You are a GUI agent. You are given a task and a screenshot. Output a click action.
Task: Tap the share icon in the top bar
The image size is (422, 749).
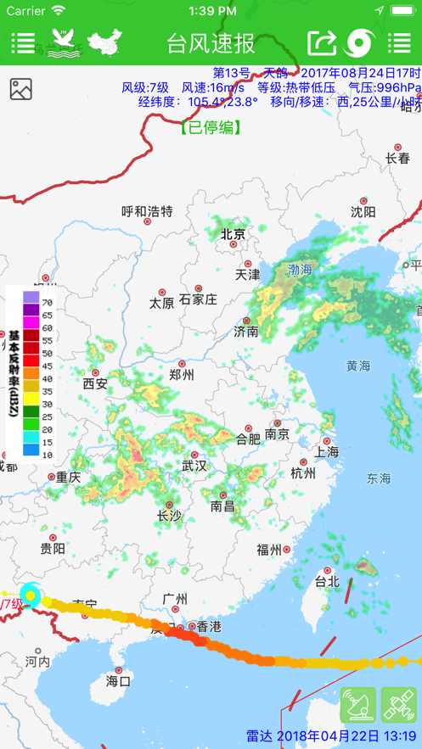tap(322, 42)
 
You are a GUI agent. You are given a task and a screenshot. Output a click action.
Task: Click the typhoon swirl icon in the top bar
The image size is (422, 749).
tap(361, 42)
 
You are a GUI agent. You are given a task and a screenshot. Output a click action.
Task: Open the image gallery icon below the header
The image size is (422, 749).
tap(21, 89)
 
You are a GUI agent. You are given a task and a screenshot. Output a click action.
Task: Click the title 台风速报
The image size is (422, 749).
tap(211, 42)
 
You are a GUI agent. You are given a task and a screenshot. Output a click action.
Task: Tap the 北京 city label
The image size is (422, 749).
tap(233, 234)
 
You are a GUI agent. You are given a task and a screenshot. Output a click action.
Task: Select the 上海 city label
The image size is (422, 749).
tap(327, 451)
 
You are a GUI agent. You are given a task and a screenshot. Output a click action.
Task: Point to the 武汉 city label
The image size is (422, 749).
tap(194, 465)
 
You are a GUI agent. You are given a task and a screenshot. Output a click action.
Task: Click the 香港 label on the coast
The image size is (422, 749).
tap(208, 627)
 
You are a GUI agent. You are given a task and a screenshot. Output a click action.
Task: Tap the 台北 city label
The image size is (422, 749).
tap(327, 581)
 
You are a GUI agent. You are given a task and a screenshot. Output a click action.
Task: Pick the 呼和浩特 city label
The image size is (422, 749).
tap(147, 211)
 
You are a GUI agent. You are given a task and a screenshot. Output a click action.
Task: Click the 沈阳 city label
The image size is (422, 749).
tap(363, 211)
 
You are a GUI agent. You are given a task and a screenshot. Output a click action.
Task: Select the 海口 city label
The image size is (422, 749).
tap(119, 680)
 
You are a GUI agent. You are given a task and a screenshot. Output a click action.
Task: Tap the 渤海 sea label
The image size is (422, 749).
tap(300, 269)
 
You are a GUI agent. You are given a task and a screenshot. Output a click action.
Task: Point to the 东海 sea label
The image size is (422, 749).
tap(379, 479)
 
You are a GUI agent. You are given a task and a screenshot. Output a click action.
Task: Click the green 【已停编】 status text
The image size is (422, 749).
tap(211, 128)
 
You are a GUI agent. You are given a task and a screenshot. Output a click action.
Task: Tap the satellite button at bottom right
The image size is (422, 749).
tap(398, 705)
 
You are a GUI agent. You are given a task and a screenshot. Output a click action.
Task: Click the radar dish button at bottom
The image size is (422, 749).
tap(357, 705)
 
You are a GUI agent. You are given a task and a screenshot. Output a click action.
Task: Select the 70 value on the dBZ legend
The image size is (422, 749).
tap(48, 302)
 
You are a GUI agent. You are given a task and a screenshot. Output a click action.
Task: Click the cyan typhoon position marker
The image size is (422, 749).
tap(31, 595)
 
